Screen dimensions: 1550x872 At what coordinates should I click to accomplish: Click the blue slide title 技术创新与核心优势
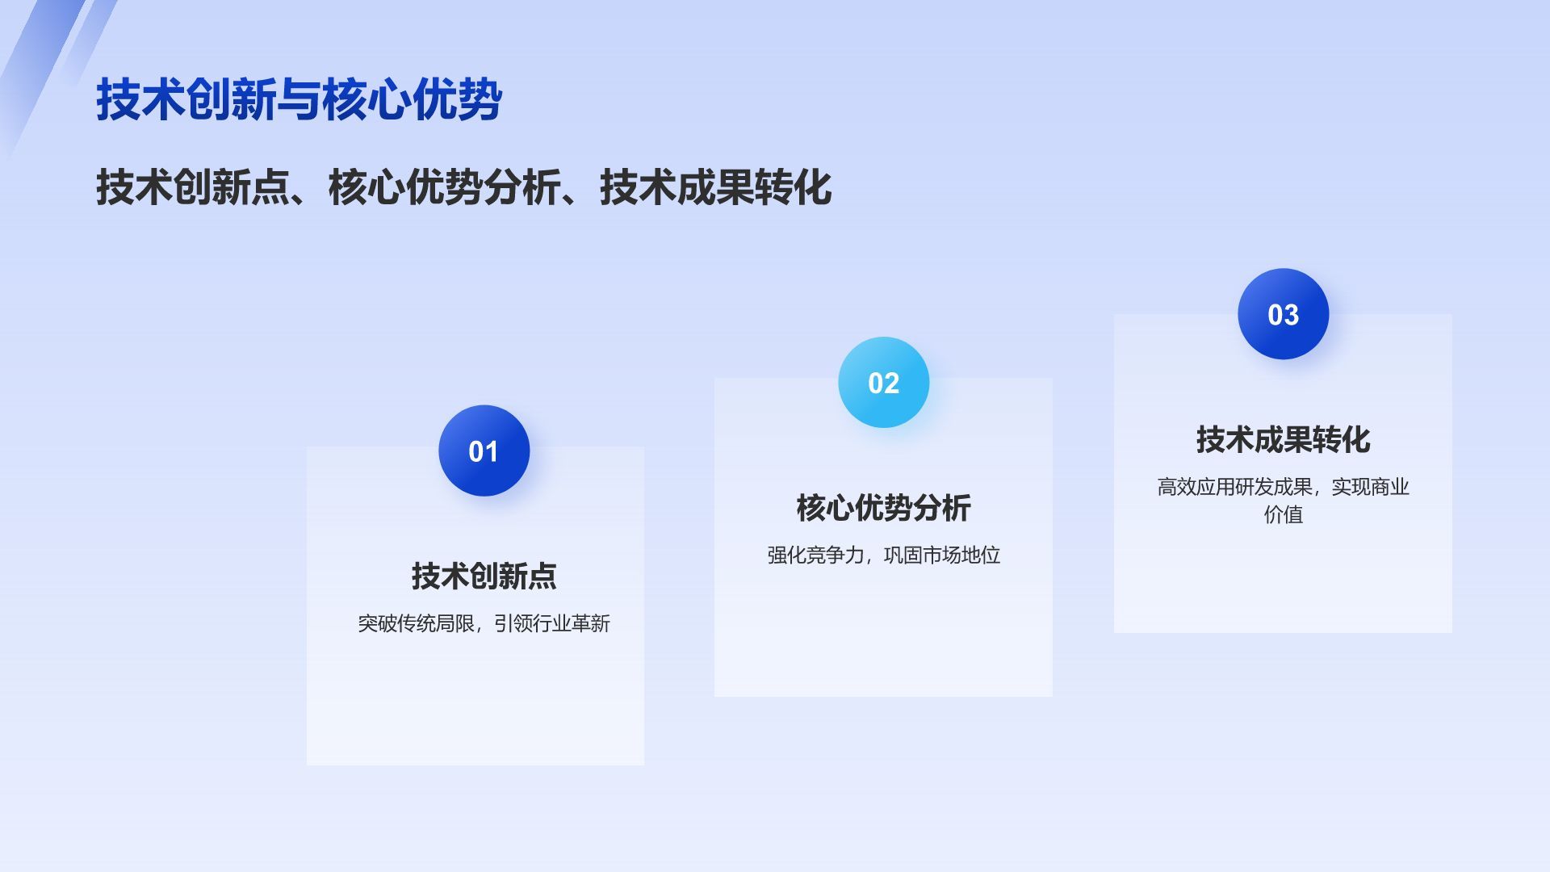point(300,100)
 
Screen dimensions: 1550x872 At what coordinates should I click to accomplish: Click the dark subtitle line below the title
point(464,187)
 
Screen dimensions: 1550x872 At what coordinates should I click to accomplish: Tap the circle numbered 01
point(484,451)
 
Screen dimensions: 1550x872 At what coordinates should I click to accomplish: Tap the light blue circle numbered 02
point(884,382)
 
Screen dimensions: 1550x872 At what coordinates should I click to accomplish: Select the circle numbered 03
point(1284,314)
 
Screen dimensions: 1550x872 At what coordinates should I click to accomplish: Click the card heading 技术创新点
point(484,576)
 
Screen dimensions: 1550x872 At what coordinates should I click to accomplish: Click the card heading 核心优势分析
point(884,508)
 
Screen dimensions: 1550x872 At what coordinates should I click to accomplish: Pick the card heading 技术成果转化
point(1284,440)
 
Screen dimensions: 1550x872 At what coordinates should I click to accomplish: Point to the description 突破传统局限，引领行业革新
point(484,623)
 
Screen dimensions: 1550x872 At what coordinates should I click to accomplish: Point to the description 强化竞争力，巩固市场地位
point(884,555)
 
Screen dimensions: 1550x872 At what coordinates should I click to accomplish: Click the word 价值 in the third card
point(1284,514)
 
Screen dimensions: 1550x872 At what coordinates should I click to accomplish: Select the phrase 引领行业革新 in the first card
point(552,623)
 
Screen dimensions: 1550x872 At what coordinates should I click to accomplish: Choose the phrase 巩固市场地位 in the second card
point(942,555)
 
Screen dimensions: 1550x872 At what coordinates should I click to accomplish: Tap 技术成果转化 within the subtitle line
point(716,187)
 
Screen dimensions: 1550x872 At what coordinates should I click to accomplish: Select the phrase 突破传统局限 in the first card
point(417,623)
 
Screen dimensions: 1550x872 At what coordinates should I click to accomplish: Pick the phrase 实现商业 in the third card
point(1371,487)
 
